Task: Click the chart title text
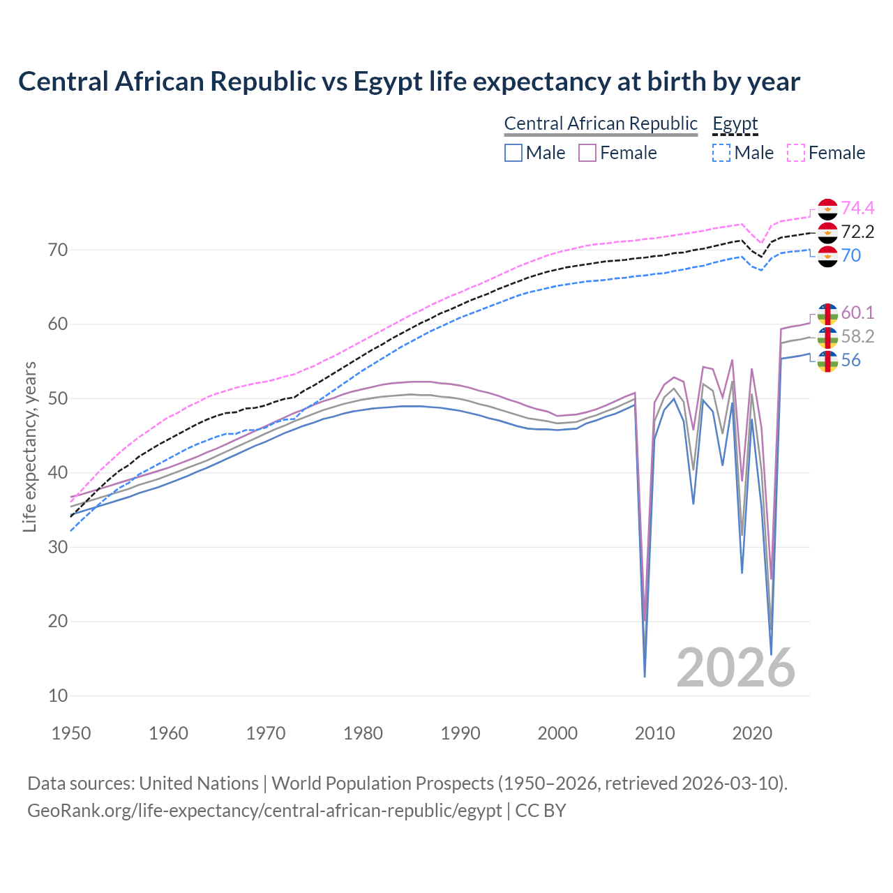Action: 409,82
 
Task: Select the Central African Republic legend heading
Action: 600,123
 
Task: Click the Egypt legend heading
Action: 735,123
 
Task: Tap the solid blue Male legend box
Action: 513,153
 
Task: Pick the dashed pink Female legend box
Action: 796,153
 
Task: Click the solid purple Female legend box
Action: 587,153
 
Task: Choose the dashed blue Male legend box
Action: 721,153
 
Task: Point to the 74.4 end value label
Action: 857,208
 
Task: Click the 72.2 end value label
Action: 857,232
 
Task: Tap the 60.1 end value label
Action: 857,313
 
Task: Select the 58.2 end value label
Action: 857,336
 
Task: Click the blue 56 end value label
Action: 850,360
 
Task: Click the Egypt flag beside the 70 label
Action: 827,256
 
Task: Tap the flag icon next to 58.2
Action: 827,337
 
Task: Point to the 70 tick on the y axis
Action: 58,250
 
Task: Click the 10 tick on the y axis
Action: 58,696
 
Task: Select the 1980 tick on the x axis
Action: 363,733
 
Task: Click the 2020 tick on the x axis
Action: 752,733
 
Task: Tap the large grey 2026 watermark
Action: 735,668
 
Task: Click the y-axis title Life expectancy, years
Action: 29,446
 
